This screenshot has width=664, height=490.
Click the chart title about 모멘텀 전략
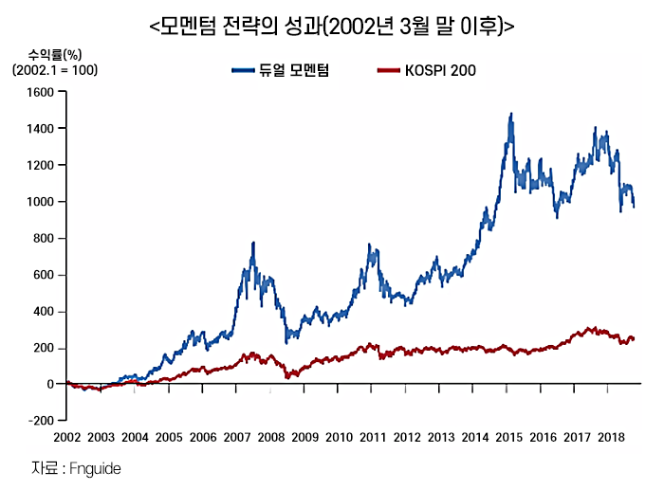coord(332,27)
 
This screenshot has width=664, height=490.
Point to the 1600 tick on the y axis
coord(42,92)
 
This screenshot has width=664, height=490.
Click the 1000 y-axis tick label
coord(42,202)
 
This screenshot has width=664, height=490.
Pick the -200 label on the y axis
coord(42,420)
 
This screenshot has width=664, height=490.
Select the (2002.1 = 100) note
coord(55,69)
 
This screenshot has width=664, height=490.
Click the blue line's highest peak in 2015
coord(511,114)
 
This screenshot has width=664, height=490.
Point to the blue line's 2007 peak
coord(253,243)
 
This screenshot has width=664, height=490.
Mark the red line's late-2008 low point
coord(287,377)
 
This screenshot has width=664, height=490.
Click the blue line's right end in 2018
coord(634,206)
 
